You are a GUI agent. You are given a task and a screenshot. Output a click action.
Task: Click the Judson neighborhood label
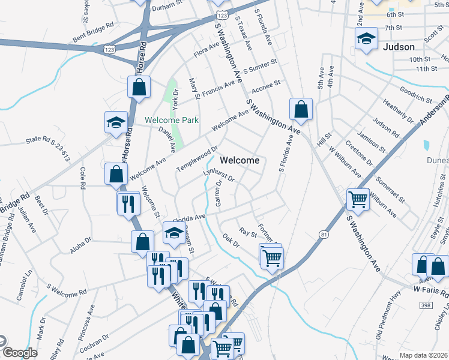click(x=398, y=47)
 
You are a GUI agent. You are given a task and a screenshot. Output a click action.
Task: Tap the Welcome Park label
click(x=171, y=120)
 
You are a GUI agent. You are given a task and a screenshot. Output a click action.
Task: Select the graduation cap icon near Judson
click(x=366, y=40)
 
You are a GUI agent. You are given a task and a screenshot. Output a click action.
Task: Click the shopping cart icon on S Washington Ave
click(x=358, y=199)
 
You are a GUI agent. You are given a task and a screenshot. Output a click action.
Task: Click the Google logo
click(x=20, y=352)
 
